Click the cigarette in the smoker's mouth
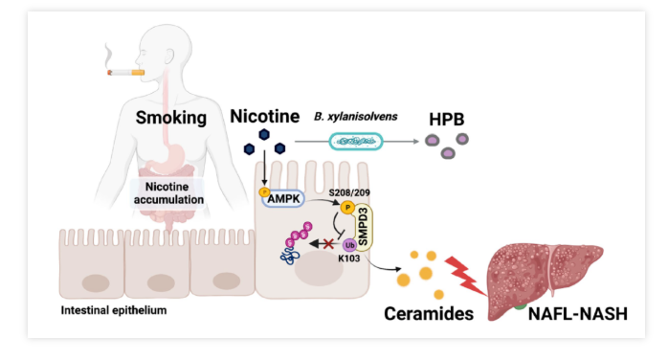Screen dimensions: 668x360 coord(126,73)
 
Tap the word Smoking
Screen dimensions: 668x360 coord(171,118)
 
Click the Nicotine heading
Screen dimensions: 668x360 coord(264,116)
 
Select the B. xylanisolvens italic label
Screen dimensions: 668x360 coord(356,116)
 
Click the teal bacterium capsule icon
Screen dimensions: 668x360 coord(356,142)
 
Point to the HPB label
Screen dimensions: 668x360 coord(447,120)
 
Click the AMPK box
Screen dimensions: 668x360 coord(283,198)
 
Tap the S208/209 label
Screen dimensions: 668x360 coord(349,192)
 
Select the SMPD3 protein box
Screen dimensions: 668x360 coord(364,227)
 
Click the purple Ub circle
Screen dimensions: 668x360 coord(349,245)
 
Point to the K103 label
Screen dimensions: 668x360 coord(349,259)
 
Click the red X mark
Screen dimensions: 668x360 coord(328,244)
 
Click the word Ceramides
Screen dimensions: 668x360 coord(429,313)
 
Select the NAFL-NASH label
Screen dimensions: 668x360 coord(578,314)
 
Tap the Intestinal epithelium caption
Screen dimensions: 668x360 coord(114,310)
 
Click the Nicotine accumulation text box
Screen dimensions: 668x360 coord(168,193)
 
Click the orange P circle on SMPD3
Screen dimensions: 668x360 coord(347,208)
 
